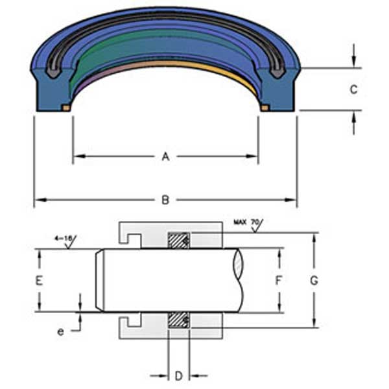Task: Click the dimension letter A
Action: (165, 156)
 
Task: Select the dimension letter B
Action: (165, 200)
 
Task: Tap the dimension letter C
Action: (353, 90)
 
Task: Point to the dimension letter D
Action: (178, 375)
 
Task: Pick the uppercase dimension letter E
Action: (40, 281)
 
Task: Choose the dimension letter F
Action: (279, 281)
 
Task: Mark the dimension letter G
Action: (314, 281)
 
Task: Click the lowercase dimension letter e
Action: (61, 331)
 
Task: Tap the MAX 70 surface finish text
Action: (245, 223)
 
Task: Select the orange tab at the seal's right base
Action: (265, 108)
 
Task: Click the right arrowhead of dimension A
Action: (254, 156)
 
